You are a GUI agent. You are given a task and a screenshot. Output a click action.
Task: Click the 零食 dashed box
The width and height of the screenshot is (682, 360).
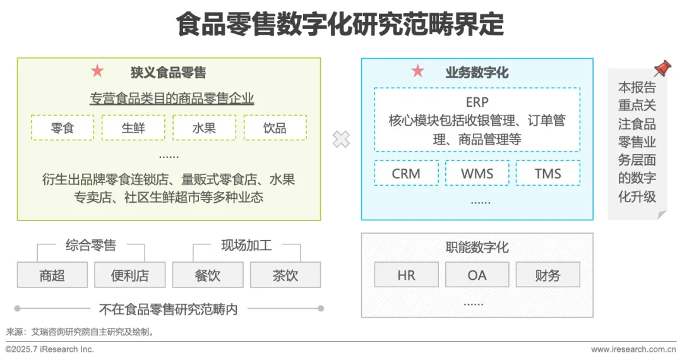(x=63, y=128)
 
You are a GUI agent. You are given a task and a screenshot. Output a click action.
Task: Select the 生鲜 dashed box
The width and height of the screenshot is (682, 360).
(x=133, y=128)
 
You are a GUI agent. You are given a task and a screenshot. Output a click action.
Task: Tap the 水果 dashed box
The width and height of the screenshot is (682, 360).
(x=204, y=128)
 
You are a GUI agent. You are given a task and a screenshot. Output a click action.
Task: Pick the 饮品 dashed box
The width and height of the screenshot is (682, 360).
(x=275, y=128)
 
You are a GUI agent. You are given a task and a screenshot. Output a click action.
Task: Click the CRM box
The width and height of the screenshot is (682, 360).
(x=406, y=173)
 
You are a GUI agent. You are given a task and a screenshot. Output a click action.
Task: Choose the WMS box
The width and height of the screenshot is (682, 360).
(x=477, y=173)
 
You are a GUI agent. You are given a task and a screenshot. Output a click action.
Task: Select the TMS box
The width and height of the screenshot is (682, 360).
(x=547, y=173)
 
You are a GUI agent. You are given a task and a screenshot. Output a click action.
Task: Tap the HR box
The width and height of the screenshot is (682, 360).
(x=406, y=275)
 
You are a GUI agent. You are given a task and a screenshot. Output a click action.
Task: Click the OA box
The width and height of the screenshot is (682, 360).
(x=477, y=275)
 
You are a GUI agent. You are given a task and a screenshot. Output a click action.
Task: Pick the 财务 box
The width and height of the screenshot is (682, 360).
(x=547, y=275)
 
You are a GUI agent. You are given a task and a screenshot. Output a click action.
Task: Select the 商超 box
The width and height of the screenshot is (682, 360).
(x=52, y=275)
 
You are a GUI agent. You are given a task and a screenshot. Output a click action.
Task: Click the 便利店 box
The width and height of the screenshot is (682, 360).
(x=129, y=275)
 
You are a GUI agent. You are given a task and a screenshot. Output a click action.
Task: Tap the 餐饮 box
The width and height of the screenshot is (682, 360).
(x=207, y=275)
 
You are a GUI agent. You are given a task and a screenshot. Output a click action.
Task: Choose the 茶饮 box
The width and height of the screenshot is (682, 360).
(x=285, y=275)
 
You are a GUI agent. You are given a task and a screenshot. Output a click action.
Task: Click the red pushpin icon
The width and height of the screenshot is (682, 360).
(x=662, y=68)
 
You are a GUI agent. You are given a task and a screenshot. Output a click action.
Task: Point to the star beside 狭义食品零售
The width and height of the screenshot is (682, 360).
(x=97, y=71)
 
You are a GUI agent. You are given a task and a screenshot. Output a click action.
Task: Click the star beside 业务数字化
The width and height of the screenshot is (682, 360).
(x=418, y=71)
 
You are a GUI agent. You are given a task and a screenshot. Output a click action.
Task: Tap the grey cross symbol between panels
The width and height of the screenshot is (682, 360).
(x=341, y=140)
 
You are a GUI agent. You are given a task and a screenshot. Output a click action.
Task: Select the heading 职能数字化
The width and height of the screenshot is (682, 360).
(x=477, y=247)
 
